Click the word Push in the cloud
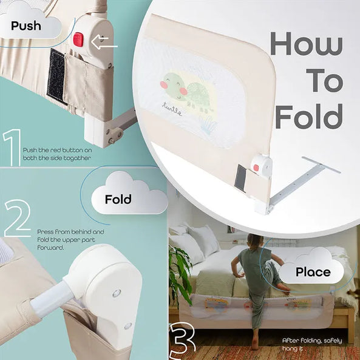click(x=26, y=25)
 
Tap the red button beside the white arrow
click(x=78, y=39)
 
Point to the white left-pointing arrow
click(x=104, y=42)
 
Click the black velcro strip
click(x=56, y=76)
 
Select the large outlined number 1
click(x=12, y=147)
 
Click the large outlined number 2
click(x=18, y=218)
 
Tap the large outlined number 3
click(x=183, y=341)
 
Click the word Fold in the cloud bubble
click(x=118, y=199)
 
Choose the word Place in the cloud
click(x=313, y=272)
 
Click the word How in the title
click(x=307, y=44)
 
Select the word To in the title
click(x=324, y=80)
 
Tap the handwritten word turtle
click(x=172, y=109)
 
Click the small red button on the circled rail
click(x=256, y=168)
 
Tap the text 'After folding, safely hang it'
click(x=312, y=344)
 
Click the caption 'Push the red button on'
click(x=58, y=151)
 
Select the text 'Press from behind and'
click(x=70, y=232)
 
